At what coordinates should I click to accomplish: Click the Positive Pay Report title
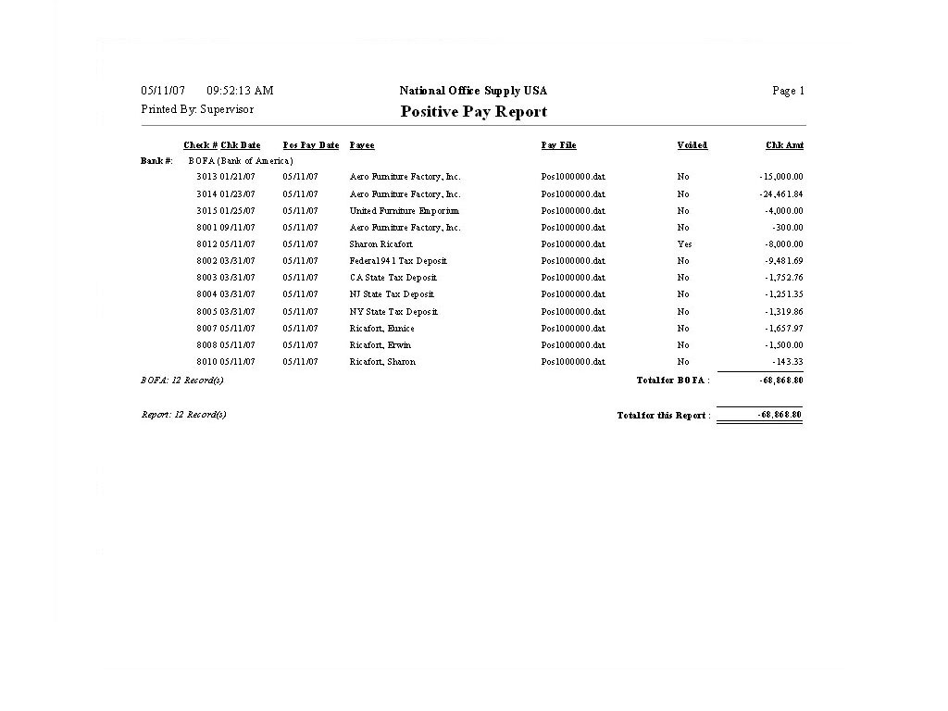(x=473, y=112)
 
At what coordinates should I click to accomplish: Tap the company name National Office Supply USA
(x=473, y=91)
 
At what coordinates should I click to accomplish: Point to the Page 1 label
(x=788, y=91)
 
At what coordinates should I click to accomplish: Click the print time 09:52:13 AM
(x=240, y=91)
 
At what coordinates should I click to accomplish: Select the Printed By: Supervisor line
(x=197, y=109)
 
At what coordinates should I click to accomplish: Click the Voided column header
(x=692, y=145)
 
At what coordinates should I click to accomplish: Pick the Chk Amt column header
(x=784, y=145)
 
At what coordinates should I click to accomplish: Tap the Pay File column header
(x=558, y=145)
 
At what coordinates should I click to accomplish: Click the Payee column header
(x=362, y=145)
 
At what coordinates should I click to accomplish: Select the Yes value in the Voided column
(x=684, y=244)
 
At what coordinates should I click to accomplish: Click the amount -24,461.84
(x=780, y=194)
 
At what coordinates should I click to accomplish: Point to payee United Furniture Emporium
(x=404, y=211)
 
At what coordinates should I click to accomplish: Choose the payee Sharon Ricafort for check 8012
(x=380, y=244)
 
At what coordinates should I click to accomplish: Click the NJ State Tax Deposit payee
(x=392, y=294)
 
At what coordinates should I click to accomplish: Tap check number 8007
(x=206, y=329)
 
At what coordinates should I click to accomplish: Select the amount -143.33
(x=787, y=362)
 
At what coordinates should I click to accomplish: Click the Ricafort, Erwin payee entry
(x=380, y=345)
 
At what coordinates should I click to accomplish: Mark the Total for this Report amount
(x=779, y=415)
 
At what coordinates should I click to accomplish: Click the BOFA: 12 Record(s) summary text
(x=182, y=380)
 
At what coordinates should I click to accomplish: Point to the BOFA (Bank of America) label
(x=241, y=161)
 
